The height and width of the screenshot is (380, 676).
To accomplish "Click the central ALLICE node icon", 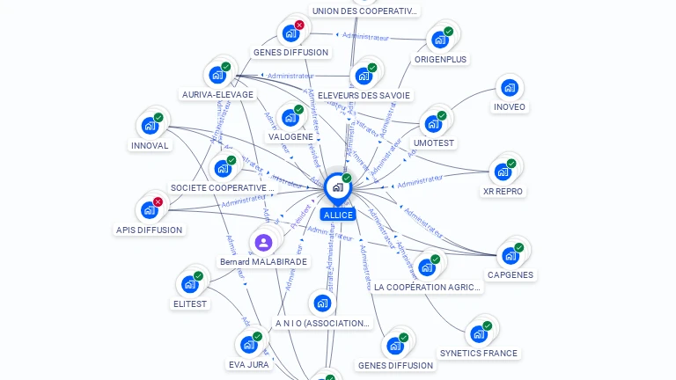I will point(337,187).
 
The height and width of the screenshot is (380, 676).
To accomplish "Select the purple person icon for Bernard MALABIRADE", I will point(262,243).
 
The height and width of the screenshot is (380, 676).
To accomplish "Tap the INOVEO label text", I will point(509,107).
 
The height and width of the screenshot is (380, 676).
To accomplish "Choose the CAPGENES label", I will point(511,274).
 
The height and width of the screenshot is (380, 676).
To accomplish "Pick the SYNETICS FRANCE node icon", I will point(479,334).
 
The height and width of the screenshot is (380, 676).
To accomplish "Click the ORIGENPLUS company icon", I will point(438,40).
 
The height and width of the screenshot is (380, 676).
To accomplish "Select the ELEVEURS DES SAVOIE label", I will point(364,95).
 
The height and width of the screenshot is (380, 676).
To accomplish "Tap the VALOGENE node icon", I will point(290,118).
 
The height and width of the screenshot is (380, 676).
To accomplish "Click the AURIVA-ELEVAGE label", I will point(217,94).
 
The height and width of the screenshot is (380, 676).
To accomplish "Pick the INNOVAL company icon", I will point(150,126).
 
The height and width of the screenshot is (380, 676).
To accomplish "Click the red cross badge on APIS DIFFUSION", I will point(158,202).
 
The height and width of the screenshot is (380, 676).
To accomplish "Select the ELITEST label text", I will point(190,303).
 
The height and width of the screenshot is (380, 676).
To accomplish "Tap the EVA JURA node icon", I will point(248,345).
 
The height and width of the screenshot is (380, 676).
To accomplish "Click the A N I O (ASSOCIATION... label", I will point(323,323).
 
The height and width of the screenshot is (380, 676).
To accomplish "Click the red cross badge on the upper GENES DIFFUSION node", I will point(299,26).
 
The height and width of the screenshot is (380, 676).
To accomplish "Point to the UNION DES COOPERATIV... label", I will point(365,11).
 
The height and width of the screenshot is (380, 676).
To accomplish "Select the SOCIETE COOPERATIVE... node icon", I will point(223,168).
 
